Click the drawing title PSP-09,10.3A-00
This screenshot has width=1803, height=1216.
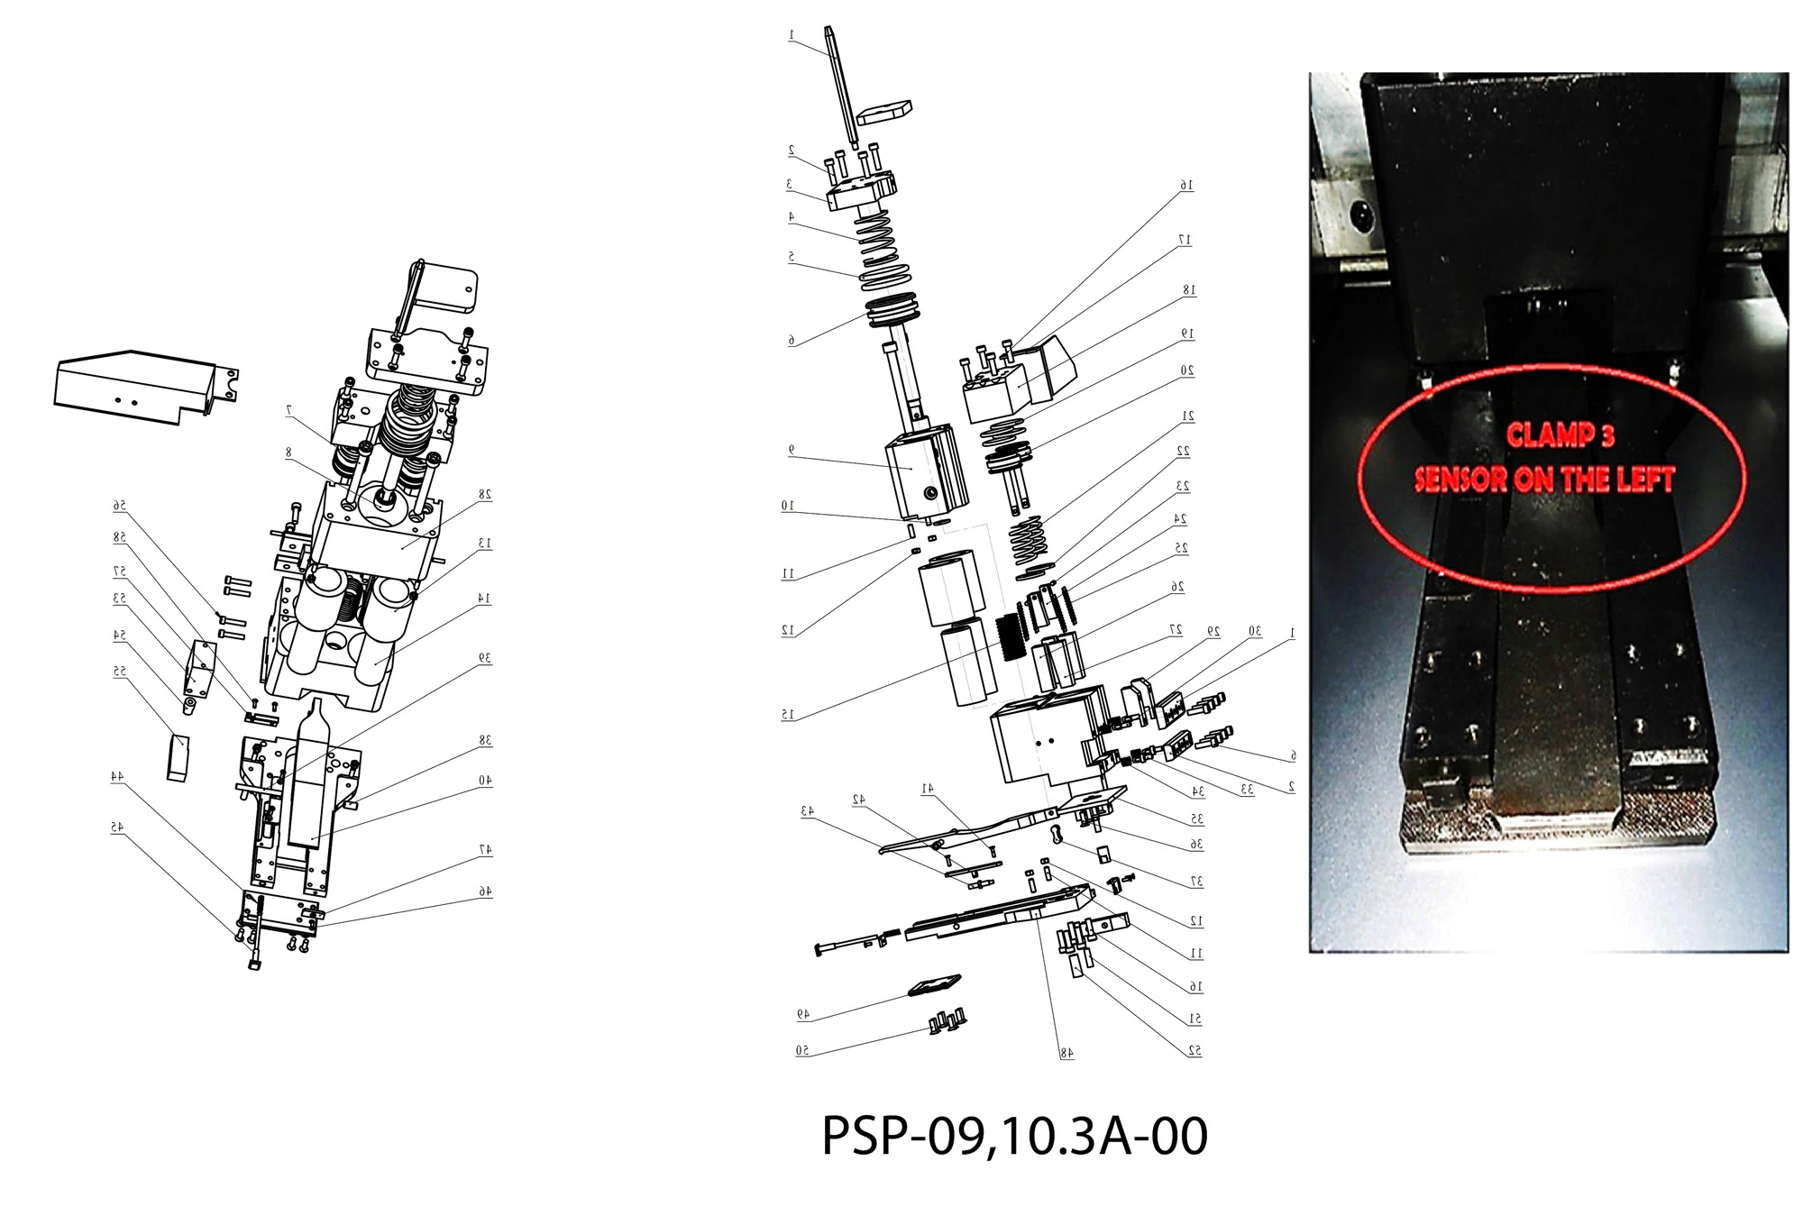click(1014, 1137)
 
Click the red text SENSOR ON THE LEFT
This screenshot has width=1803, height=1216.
click(1544, 480)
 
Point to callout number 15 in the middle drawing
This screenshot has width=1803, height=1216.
click(789, 714)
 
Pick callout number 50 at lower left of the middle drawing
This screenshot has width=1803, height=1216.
click(801, 1051)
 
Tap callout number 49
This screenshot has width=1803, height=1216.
click(802, 1014)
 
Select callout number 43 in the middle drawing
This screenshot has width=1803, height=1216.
click(807, 811)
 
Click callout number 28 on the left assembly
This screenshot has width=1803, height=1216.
click(484, 494)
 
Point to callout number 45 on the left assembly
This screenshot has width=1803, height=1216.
click(117, 827)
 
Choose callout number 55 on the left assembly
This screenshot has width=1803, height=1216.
click(119, 672)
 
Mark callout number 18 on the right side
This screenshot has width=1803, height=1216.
click(1189, 290)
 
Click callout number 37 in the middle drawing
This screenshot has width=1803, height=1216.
click(1196, 882)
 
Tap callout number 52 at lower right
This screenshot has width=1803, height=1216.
click(1194, 1051)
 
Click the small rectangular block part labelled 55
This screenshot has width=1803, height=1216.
click(177, 757)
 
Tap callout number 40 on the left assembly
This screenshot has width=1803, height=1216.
click(484, 780)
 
